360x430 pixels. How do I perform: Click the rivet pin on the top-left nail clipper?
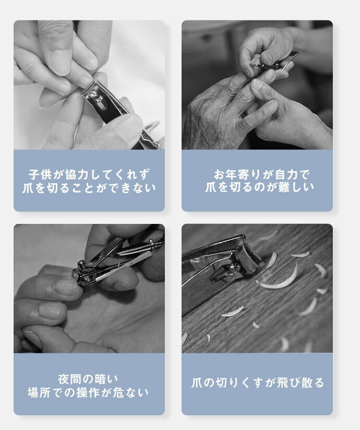click(95, 94)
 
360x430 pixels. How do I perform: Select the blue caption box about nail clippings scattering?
click(257, 384)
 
